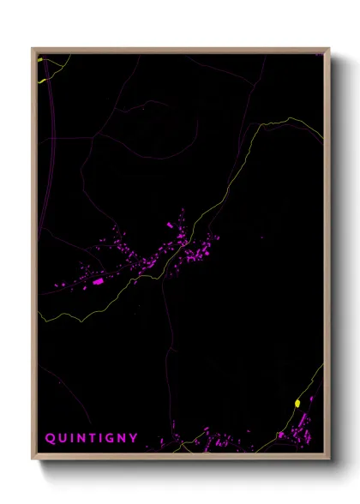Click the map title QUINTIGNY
91,438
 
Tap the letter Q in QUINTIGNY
50,438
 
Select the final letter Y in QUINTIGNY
133,438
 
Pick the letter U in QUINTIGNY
61,438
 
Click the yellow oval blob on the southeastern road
297,403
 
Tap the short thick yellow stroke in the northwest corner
42,81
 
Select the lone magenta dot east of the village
261,237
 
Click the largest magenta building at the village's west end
98,280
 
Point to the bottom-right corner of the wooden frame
328,457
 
